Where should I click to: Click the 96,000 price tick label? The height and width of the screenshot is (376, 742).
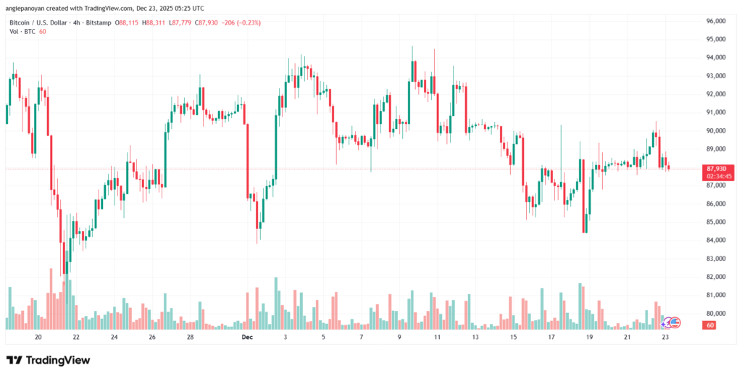pos(717,20)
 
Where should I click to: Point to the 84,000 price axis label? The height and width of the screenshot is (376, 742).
pos(717,240)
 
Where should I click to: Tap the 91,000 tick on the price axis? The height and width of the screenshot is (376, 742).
pos(717,112)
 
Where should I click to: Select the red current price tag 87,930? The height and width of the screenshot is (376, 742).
pos(717,168)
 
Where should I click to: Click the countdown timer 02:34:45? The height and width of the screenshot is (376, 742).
pos(717,175)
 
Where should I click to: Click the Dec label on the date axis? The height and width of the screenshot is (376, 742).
pos(247,338)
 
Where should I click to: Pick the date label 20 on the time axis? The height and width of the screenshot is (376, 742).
pos(38,338)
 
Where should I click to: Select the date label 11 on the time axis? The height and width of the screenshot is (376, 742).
pos(437,338)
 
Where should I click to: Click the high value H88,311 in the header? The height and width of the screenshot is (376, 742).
pos(155,22)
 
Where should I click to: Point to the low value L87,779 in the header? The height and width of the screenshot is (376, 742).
pos(186,22)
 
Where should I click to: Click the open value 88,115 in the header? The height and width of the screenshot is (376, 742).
pos(126,22)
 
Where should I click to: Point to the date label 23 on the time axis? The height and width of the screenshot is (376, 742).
pos(666,338)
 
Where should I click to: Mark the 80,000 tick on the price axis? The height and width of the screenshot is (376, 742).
pos(717,313)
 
